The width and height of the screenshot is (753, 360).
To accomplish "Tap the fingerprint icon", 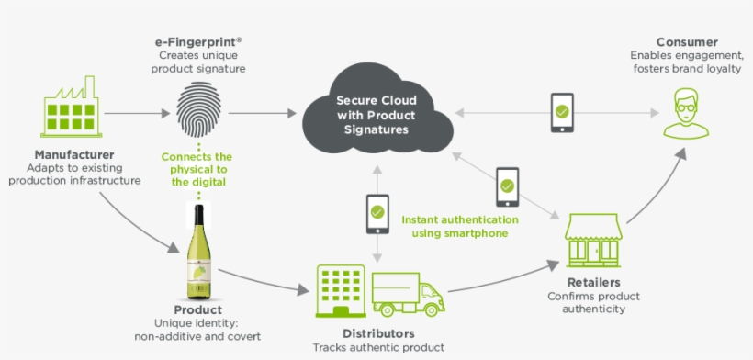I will click(197, 111).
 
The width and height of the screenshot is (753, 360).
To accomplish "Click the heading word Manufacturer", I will click(74, 154).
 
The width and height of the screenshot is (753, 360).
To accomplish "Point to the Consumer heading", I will click(686, 42).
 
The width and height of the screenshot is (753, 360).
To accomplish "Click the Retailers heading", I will click(593, 283).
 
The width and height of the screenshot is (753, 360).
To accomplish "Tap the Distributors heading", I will click(377, 333).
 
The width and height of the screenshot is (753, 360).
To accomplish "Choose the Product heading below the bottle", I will click(198, 310).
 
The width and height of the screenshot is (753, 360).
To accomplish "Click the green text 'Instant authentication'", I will click(460, 220).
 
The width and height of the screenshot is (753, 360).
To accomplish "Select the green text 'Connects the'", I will click(197, 157).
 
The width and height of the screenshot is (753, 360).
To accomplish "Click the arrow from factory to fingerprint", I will click(137, 113).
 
